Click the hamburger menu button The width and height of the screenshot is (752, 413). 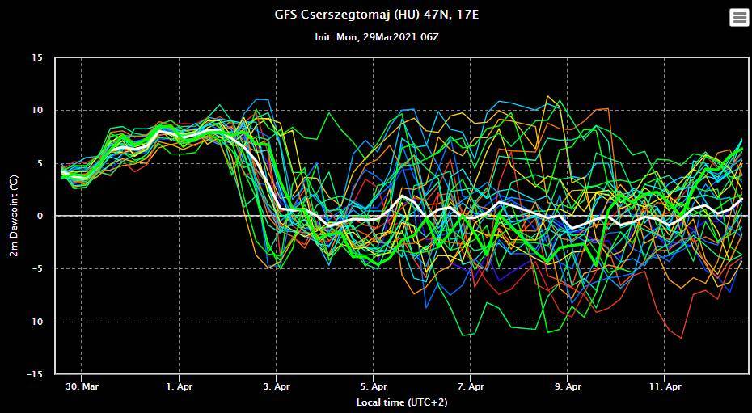(x=739, y=17)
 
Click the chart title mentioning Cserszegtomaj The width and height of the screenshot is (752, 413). (x=376, y=15)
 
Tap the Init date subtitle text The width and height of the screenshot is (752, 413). (x=376, y=37)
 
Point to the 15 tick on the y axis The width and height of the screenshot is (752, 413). (x=38, y=58)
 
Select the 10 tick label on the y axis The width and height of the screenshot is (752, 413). (x=38, y=111)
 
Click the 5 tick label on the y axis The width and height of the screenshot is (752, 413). (x=41, y=163)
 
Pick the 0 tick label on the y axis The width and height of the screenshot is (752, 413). (x=41, y=217)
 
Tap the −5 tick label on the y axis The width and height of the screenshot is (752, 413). (x=39, y=269)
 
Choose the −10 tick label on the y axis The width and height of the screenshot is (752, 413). (x=36, y=322)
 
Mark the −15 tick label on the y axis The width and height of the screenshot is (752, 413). (x=36, y=375)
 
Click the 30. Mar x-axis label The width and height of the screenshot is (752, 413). (x=82, y=386)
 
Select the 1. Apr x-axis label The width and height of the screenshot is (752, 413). (x=179, y=386)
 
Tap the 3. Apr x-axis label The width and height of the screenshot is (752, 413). (x=276, y=386)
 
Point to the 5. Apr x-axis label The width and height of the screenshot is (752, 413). (x=373, y=386)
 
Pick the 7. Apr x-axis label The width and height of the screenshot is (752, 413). (x=470, y=386)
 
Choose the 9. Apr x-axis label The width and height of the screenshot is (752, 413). (x=567, y=386)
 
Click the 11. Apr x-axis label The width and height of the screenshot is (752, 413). (x=664, y=386)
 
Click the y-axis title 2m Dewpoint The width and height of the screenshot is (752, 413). (x=14, y=217)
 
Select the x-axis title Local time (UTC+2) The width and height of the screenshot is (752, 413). (x=401, y=402)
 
